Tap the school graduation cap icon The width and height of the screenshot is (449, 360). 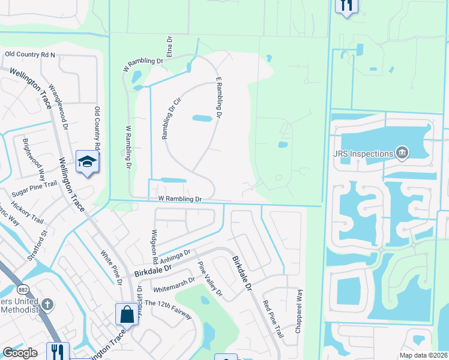coord(87,161)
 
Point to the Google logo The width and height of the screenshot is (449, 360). coord(20,353)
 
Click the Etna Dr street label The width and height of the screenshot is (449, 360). coord(170,46)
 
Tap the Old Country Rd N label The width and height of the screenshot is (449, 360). coord(30,55)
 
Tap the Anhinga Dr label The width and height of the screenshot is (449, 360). coord(175,257)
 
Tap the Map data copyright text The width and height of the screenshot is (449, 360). coord(423,355)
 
